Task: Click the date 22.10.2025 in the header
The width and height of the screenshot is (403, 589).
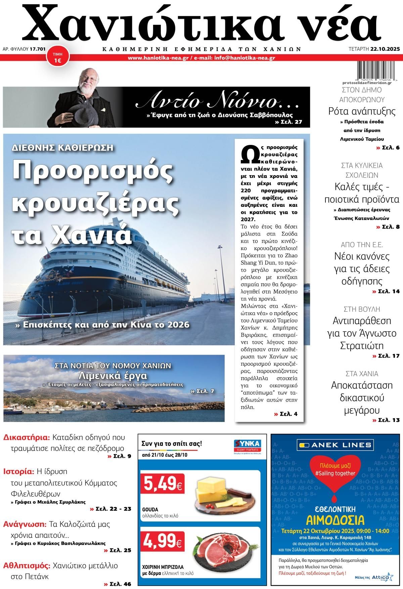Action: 385,49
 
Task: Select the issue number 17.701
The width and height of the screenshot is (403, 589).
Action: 37,49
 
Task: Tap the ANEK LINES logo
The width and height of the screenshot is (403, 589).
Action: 335,445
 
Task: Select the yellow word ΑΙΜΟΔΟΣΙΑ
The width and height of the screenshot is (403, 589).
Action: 335,520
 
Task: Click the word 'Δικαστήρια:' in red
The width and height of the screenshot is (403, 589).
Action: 27,438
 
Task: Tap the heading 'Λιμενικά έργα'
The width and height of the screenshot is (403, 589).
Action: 113,376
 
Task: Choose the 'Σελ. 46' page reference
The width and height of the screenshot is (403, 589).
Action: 117,584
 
